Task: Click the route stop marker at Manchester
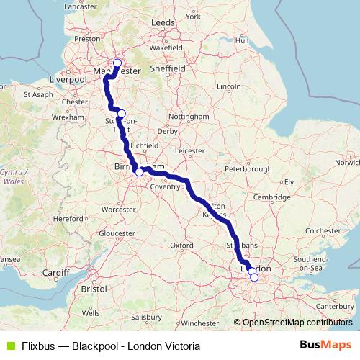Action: tap(117, 63)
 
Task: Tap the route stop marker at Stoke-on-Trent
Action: tap(122, 114)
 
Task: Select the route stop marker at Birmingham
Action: tap(139, 172)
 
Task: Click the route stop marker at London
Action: tap(253, 277)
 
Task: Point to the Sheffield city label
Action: tap(168, 68)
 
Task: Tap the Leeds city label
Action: tap(163, 23)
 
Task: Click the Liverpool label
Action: tap(69, 78)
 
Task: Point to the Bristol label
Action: tap(94, 288)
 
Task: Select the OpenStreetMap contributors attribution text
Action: tap(296, 323)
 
